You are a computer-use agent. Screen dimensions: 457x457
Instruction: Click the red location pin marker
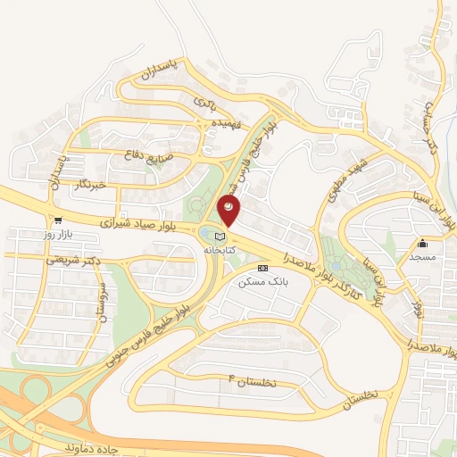[229, 208]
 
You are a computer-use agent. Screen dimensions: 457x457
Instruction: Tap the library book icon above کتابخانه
[220, 234]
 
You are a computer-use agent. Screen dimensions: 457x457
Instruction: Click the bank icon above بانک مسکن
[262, 268]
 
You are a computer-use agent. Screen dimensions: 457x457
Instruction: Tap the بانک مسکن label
[261, 281]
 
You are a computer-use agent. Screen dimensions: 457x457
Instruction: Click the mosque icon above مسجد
[421, 244]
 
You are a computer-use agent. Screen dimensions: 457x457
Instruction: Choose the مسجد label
[421, 257]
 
